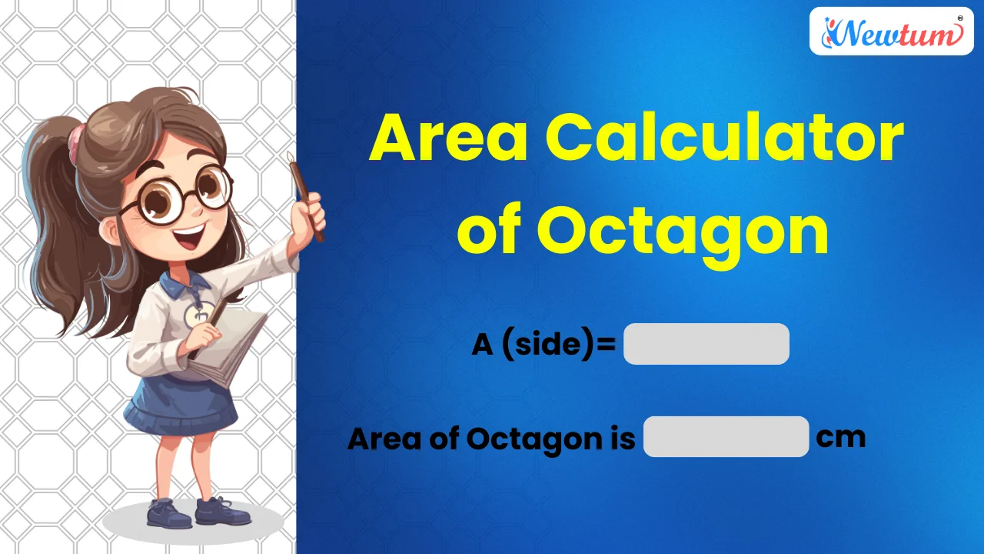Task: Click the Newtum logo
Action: (x=892, y=32)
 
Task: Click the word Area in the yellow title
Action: (x=448, y=138)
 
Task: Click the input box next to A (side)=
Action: (x=706, y=344)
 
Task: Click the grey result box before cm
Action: (x=726, y=437)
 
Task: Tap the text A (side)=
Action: (x=544, y=345)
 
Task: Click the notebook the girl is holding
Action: (x=231, y=346)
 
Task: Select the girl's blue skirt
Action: (x=181, y=400)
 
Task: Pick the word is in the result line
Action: (x=622, y=439)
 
